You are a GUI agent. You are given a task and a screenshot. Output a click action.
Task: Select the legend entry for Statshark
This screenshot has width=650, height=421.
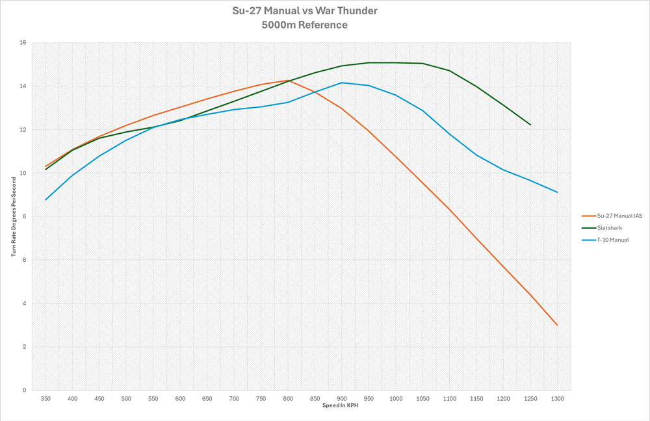pyautogui.click(x=605, y=227)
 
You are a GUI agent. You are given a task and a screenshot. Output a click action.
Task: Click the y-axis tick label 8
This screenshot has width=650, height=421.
pyautogui.click(x=23, y=216)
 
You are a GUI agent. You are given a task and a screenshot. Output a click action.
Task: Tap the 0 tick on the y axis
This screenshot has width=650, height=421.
pyautogui.click(x=23, y=390)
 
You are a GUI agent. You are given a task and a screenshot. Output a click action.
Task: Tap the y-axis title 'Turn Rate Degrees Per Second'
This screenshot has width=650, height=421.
pyautogui.click(x=13, y=216)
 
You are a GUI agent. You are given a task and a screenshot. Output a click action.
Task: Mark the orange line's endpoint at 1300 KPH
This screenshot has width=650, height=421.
pyautogui.click(x=557, y=325)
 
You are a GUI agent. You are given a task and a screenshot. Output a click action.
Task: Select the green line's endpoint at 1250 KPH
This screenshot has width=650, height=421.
pyautogui.click(x=530, y=125)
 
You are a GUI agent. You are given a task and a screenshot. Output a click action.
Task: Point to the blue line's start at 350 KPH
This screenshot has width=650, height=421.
pyautogui.click(x=45, y=199)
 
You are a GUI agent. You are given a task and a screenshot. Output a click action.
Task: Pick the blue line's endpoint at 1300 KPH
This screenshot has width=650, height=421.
pyautogui.click(x=557, y=192)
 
